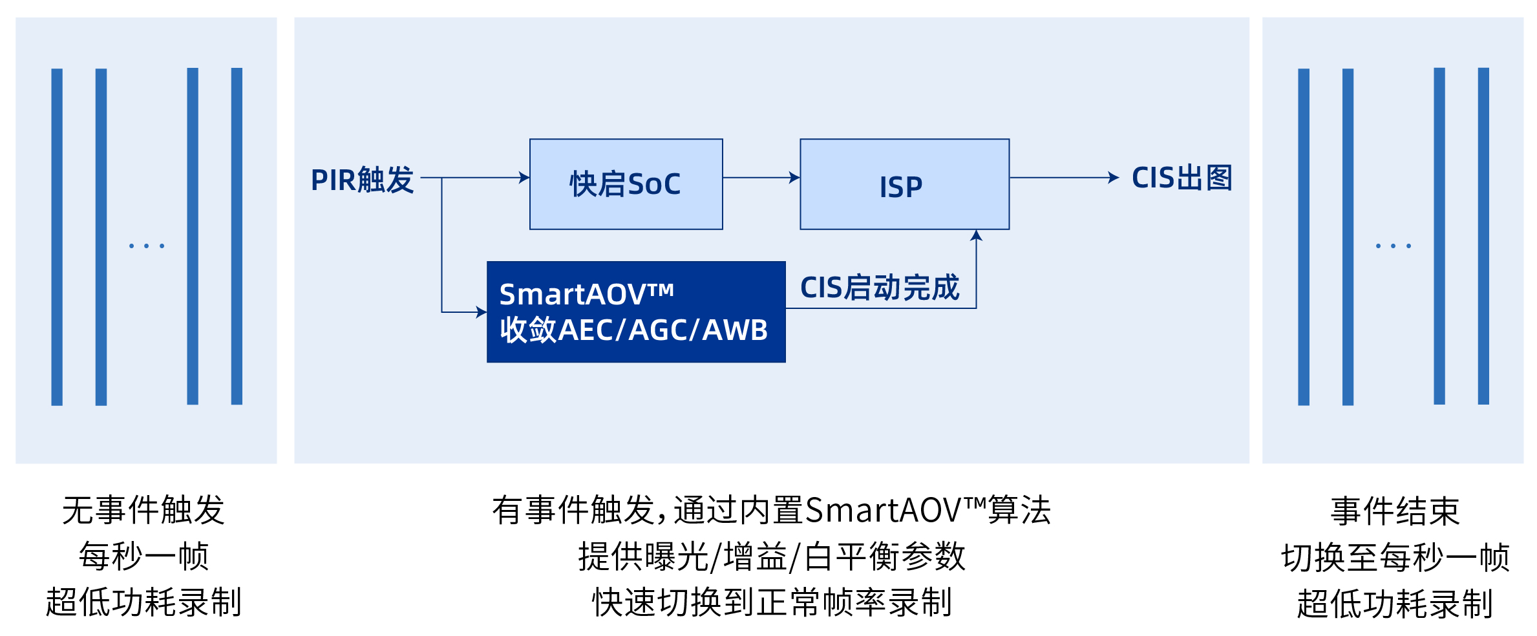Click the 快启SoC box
tap(626, 184)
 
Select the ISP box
tap(904, 184)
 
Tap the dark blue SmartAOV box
tap(636, 312)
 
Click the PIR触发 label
tap(362, 180)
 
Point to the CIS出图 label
tap(1182, 178)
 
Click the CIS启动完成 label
tap(879, 287)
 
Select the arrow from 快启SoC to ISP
tap(761, 178)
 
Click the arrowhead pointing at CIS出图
tap(1113, 178)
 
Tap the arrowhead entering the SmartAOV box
tap(481, 312)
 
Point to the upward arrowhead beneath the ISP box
tap(976, 236)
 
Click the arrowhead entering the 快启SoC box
tap(524, 178)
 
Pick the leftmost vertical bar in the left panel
tap(57, 237)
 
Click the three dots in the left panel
tap(147, 246)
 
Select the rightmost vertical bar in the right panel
tap(1483, 236)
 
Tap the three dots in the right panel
tap(1394, 246)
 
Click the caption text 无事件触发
tap(143, 510)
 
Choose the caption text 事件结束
tap(1395, 511)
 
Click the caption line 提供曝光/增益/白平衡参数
tap(771, 556)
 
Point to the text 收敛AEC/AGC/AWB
tap(633, 330)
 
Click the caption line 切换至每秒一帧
tap(1395, 557)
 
